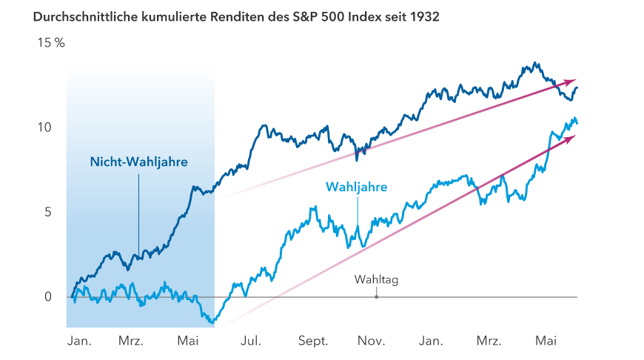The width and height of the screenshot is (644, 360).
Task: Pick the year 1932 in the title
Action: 424,16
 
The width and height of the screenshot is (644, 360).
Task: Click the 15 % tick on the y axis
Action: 51,43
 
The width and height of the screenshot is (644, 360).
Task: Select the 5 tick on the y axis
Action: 47,212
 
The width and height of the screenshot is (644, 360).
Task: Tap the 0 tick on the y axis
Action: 47,297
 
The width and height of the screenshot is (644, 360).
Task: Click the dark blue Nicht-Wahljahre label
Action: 139,161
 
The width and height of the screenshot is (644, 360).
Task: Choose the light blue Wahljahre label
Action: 357,188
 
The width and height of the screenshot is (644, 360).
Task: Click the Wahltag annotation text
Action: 377,280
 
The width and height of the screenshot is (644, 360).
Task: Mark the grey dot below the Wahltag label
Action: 377,297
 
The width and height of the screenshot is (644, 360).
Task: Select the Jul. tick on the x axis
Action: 251,341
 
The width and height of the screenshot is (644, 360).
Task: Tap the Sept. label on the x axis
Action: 313,341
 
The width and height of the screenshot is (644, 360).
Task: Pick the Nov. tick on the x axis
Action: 372,341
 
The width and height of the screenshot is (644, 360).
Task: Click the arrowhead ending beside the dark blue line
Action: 571,81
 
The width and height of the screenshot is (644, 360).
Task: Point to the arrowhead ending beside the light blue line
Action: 571,137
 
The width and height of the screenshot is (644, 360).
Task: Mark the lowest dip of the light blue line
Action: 213,323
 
